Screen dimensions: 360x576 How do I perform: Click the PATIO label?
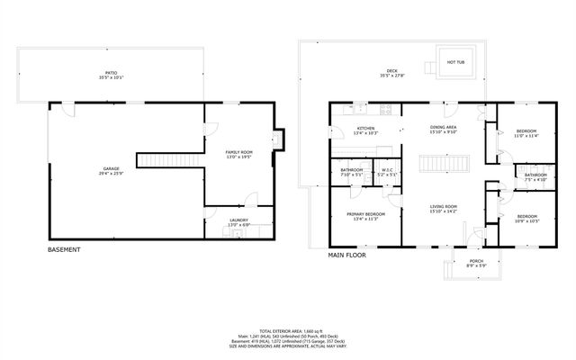coord(111,73)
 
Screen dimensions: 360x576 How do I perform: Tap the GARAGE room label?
coord(111,170)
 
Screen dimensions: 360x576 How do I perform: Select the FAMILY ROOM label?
coord(238,155)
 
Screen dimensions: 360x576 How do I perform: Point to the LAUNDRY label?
coord(238,221)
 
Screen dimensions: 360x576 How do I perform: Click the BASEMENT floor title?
coord(64,249)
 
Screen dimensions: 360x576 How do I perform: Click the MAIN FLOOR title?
coord(347,255)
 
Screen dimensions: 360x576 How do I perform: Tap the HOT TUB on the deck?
coord(456,62)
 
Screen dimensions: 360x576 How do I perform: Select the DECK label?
coord(391,73)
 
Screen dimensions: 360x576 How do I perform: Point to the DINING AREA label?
coord(444,130)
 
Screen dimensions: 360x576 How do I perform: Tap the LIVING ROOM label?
coord(444,209)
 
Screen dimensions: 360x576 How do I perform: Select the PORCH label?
coord(477,263)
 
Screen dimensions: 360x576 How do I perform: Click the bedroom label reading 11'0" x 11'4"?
coord(526,134)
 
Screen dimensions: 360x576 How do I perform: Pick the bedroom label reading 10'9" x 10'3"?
coord(526,219)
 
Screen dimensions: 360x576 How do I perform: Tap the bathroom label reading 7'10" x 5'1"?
coord(351,170)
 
